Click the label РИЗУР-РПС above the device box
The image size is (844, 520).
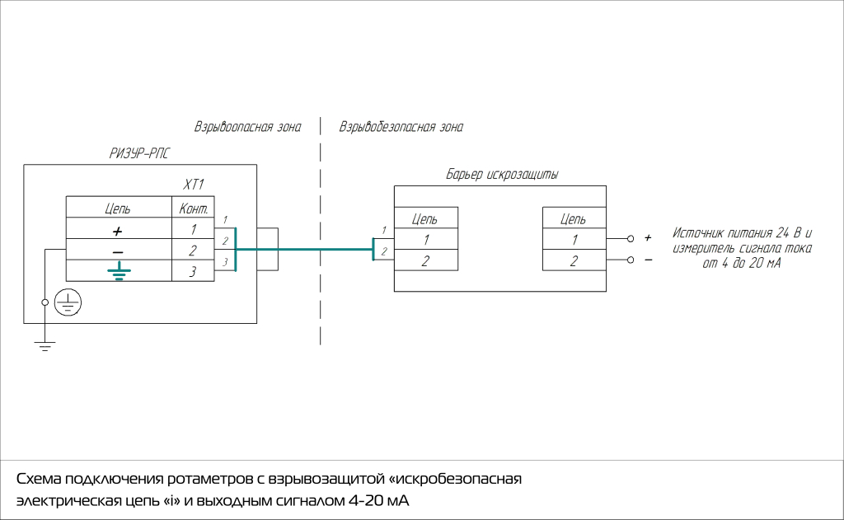pos(139,152)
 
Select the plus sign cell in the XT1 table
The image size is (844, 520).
pos(118,229)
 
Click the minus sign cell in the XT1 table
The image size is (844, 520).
pos(118,251)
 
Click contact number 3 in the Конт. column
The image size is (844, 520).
pos(192,271)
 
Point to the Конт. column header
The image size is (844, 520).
pos(192,208)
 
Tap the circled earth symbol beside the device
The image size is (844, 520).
pos(68,303)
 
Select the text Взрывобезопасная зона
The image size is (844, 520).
pos(401,128)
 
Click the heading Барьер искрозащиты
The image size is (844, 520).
pos(502,175)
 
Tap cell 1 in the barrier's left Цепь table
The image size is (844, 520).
pos(425,241)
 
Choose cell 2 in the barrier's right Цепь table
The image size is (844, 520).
pos(574,261)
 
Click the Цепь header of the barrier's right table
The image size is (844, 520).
pos(574,219)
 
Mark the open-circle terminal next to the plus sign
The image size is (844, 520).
pos(631,239)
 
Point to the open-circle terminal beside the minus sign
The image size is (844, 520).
pos(631,260)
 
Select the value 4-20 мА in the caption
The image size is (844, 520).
pos(379,501)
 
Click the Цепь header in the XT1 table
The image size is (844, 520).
pos(118,208)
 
